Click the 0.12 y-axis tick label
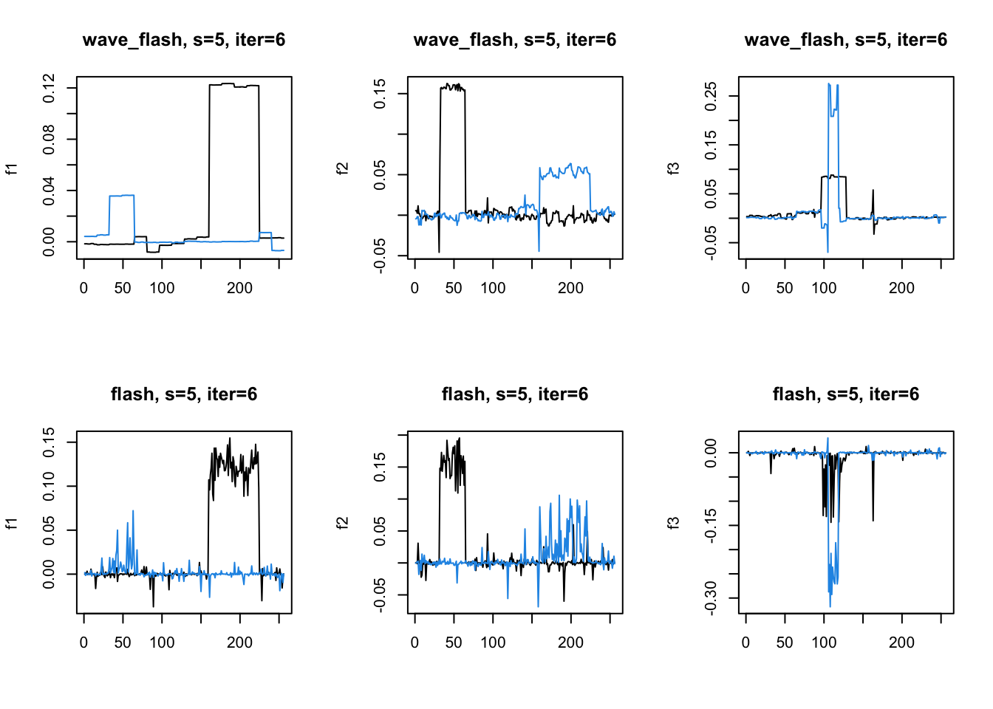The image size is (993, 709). click(49, 88)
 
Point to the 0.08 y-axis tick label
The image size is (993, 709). click(49, 139)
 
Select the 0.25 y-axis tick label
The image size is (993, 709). click(711, 96)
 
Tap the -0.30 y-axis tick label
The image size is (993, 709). click(711, 597)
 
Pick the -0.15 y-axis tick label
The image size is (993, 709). click(711, 525)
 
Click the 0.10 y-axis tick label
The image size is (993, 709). click(49, 486)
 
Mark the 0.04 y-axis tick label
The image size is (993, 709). click(49, 191)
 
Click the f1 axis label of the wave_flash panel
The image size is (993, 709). click(12, 168)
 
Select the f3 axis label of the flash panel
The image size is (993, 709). click(674, 523)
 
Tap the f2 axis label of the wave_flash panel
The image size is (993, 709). click(343, 168)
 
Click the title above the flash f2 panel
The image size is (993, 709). click(515, 394)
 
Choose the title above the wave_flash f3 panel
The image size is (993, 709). click(845, 40)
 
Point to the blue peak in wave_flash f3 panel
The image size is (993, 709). click(829, 84)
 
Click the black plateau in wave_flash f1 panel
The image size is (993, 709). click(233, 85)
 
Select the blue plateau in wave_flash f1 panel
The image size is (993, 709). click(122, 196)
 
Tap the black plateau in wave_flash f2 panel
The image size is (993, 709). click(452, 87)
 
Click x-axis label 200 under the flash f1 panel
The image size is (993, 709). click(239, 643)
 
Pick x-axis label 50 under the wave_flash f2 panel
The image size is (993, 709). click(454, 288)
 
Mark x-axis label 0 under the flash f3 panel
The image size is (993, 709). click(745, 643)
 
